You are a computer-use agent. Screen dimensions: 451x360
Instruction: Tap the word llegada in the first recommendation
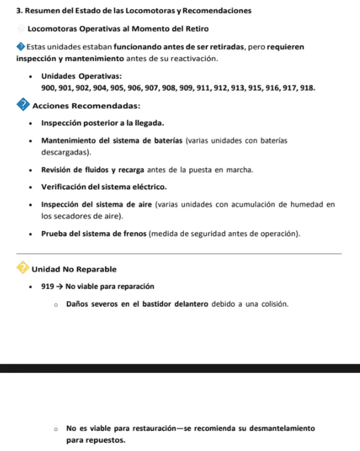point(147,123)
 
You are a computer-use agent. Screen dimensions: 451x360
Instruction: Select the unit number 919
point(47,287)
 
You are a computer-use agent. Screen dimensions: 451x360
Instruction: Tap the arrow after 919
point(59,287)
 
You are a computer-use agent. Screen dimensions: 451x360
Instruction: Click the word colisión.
point(273,304)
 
